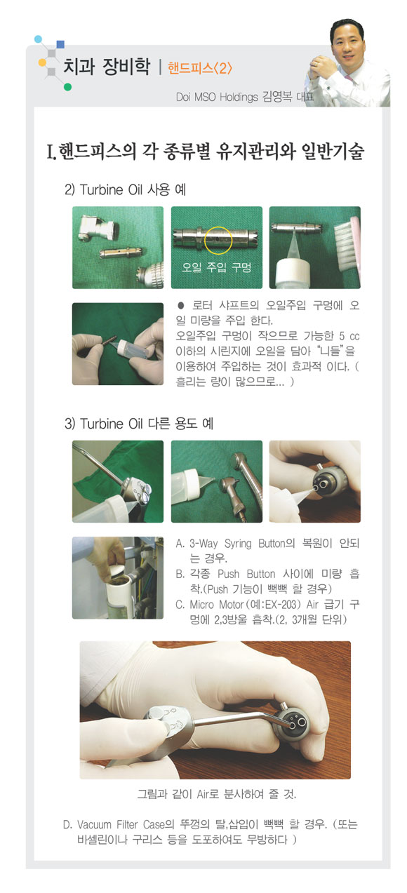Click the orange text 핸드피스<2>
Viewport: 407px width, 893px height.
[x=200, y=68]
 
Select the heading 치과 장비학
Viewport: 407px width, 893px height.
[x=107, y=66]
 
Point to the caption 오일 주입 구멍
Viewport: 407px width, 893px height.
[x=216, y=267]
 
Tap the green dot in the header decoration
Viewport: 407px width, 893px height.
[x=67, y=87]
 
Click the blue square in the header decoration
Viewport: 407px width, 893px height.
[x=60, y=44]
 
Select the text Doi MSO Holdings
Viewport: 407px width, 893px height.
[x=217, y=97]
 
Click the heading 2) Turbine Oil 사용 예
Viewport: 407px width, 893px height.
[x=125, y=189]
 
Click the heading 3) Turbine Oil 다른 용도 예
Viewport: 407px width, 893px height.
[x=139, y=424]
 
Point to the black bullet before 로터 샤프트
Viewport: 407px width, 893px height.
[x=181, y=306]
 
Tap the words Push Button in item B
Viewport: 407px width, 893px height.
[x=246, y=574]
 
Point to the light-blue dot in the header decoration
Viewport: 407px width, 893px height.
[x=39, y=39]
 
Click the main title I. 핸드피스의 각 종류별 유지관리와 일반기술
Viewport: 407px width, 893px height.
[x=205, y=151]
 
